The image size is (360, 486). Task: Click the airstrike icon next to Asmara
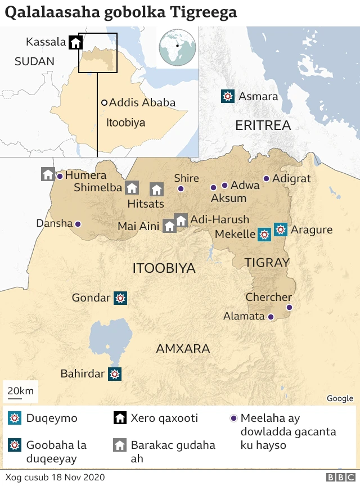(227, 96)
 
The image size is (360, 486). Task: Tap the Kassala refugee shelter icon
(75, 42)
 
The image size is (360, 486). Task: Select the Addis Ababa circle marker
(104, 103)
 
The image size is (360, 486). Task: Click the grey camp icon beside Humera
(48, 174)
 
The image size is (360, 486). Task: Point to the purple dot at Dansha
(78, 224)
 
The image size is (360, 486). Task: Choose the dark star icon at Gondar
(120, 298)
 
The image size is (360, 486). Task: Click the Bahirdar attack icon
(115, 373)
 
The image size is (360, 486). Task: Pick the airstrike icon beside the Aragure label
(280, 229)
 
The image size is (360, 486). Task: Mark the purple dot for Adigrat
(266, 179)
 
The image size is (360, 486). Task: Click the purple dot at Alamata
(271, 317)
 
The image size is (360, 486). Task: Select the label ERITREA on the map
(263, 125)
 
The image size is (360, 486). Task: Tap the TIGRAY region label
(267, 263)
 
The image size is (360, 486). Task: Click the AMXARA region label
(183, 349)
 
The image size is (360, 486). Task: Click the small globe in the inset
(178, 47)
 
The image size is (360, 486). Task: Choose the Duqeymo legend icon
(15, 418)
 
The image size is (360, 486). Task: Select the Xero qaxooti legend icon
(120, 418)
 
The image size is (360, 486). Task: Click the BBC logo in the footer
(337, 478)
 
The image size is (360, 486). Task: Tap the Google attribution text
(340, 398)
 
